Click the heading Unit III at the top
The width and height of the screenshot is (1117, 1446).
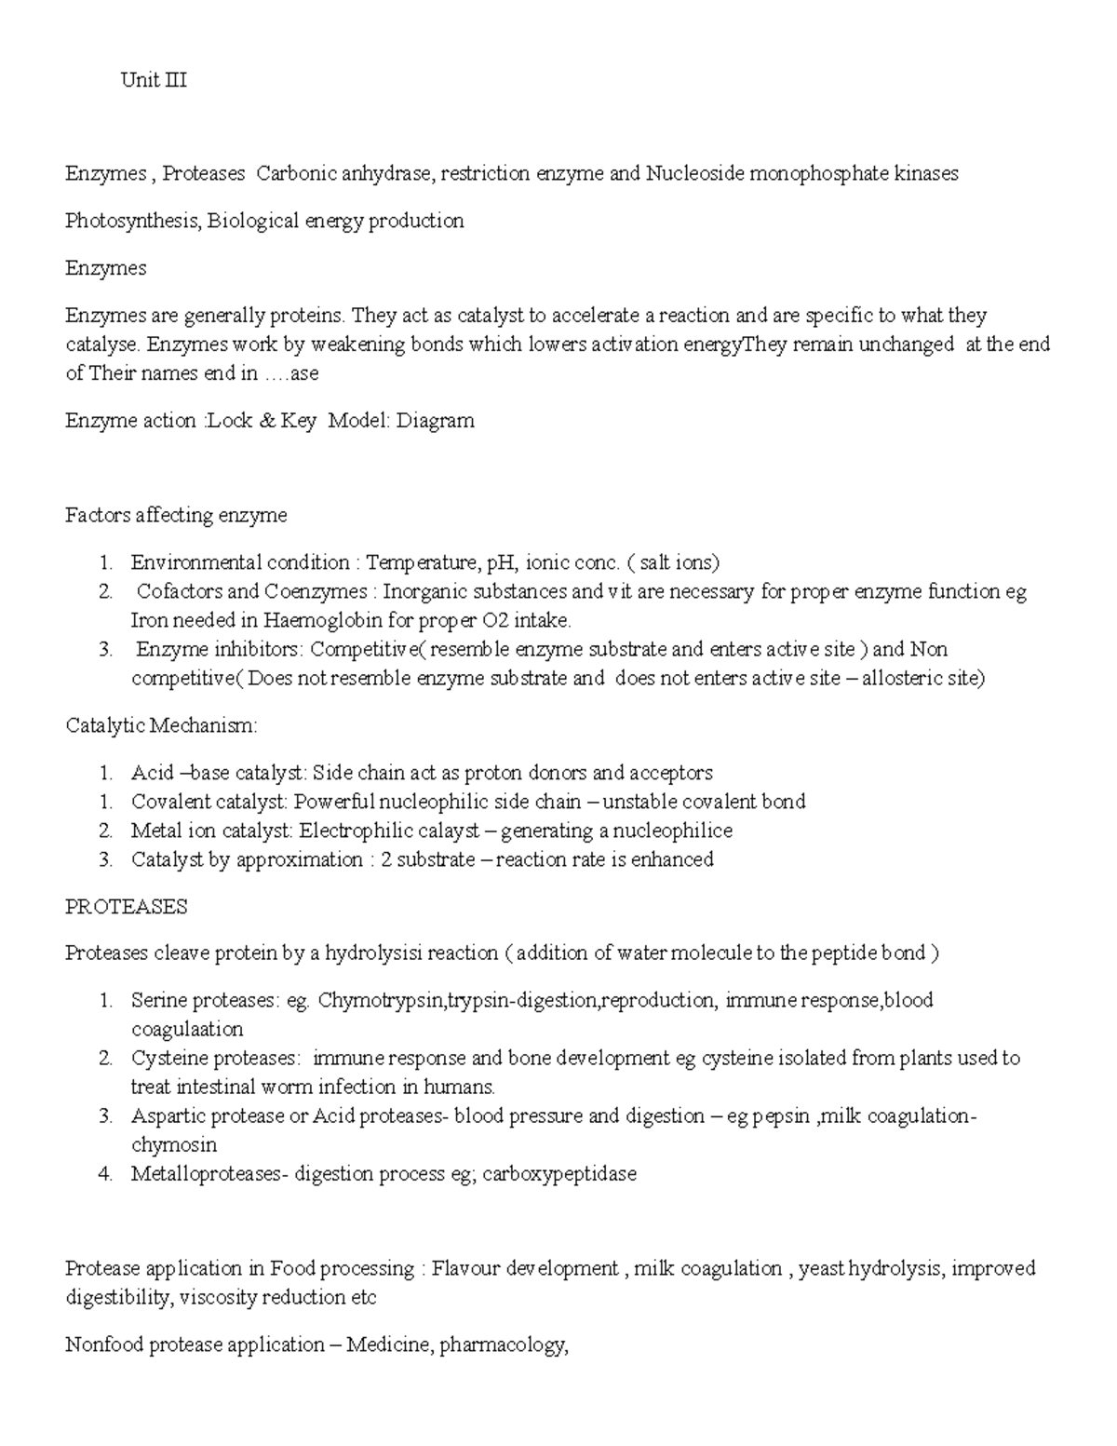tap(154, 80)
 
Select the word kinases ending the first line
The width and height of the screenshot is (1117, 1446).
tap(926, 173)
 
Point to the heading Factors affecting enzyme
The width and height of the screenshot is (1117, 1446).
tap(176, 515)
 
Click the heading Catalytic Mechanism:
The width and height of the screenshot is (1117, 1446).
tap(161, 725)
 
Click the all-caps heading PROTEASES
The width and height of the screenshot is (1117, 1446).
tap(126, 907)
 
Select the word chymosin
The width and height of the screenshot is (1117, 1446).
tap(174, 1144)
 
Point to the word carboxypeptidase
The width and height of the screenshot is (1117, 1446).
tap(559, 1173)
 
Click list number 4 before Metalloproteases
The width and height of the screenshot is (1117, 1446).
tap(105, 1173)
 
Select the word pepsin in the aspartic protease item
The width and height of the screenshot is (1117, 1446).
tap(780, 1115)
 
